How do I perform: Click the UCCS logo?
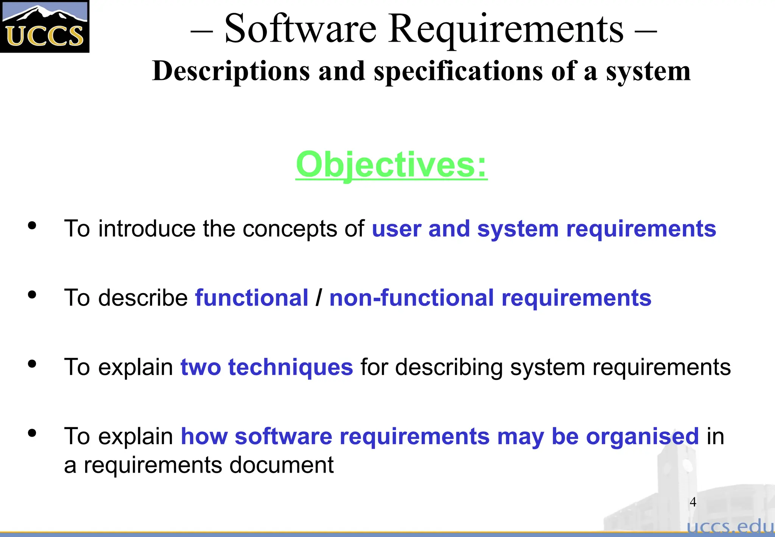(x=45, y=27)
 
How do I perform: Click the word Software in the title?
(x=300, y=29)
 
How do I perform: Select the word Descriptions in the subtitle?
(x=231, y=71)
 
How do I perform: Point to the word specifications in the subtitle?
(x=458, y=71)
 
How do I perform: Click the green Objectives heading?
(x=391, y=165)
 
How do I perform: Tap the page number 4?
(x=693, y=502)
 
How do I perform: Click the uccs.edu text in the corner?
(x=730, y=527)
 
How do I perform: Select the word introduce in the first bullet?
(x=147, y=229)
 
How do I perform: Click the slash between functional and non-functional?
(x=319, y=298)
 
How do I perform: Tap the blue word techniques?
(x=290, y=367)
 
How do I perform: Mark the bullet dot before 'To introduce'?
(x=32, y=225)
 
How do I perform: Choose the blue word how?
(x=204, y=436)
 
